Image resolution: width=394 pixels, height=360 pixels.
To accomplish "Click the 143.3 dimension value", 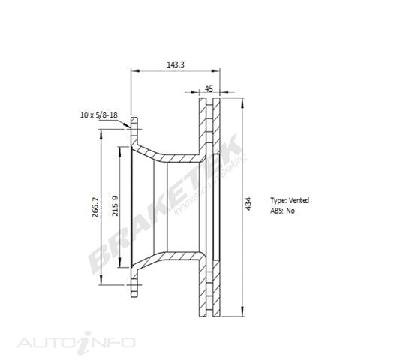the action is pyautogui.click(x=176, y=64).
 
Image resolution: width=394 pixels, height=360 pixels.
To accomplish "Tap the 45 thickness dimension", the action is pyautogui.click(x=209, y=88).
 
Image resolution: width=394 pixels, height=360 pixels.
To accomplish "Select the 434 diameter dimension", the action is pyautogui.click(x=248, y=203).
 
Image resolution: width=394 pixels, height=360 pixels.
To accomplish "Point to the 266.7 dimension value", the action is pyautogui.click(x=95, y=207).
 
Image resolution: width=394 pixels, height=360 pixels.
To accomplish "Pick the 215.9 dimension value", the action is pyautogui.click(x=115, y=206).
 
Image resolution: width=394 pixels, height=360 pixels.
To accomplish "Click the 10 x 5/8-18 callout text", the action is pyautogui.click(x=99, y=115).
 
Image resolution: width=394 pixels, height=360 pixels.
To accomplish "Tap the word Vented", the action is pyautogui.click(x=299, y=200).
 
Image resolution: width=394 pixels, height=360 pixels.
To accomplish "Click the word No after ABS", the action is pyautogui.click(x=290, y=211).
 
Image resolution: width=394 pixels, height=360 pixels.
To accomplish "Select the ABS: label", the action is pyautogui.click(x=277, y=211).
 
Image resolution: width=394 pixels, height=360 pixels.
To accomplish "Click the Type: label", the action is pyautogui.click(x=278, y=200).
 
